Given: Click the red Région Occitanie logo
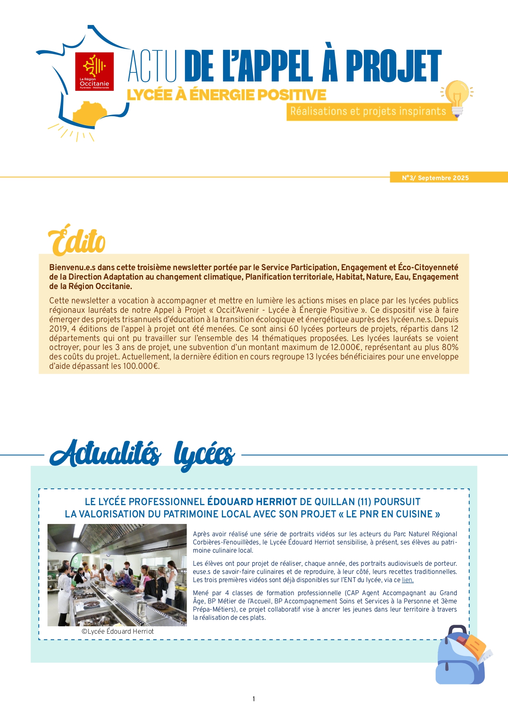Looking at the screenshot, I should pos(95,71).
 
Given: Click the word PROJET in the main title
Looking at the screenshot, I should pos(393,66).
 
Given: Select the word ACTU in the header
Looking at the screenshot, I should pos(153,66).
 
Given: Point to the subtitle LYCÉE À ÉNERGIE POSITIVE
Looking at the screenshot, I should pos(226,95).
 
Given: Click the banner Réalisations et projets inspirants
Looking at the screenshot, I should pos(368,111).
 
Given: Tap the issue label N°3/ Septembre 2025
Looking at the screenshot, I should pos(435,178).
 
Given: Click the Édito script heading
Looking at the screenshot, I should pos(77,241).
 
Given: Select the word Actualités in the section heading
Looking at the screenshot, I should pos(106,454).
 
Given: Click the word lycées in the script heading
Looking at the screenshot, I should pos(204,455).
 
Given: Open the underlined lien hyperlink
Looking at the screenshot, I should pos(407,580).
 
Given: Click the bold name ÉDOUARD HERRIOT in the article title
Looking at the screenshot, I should pos(252,502).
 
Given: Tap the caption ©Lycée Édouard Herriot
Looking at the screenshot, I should pos(117,632).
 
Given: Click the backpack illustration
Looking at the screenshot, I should pos(461,656).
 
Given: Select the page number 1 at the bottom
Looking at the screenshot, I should pos(254,699).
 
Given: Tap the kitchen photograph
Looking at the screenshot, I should pos(117,575).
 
